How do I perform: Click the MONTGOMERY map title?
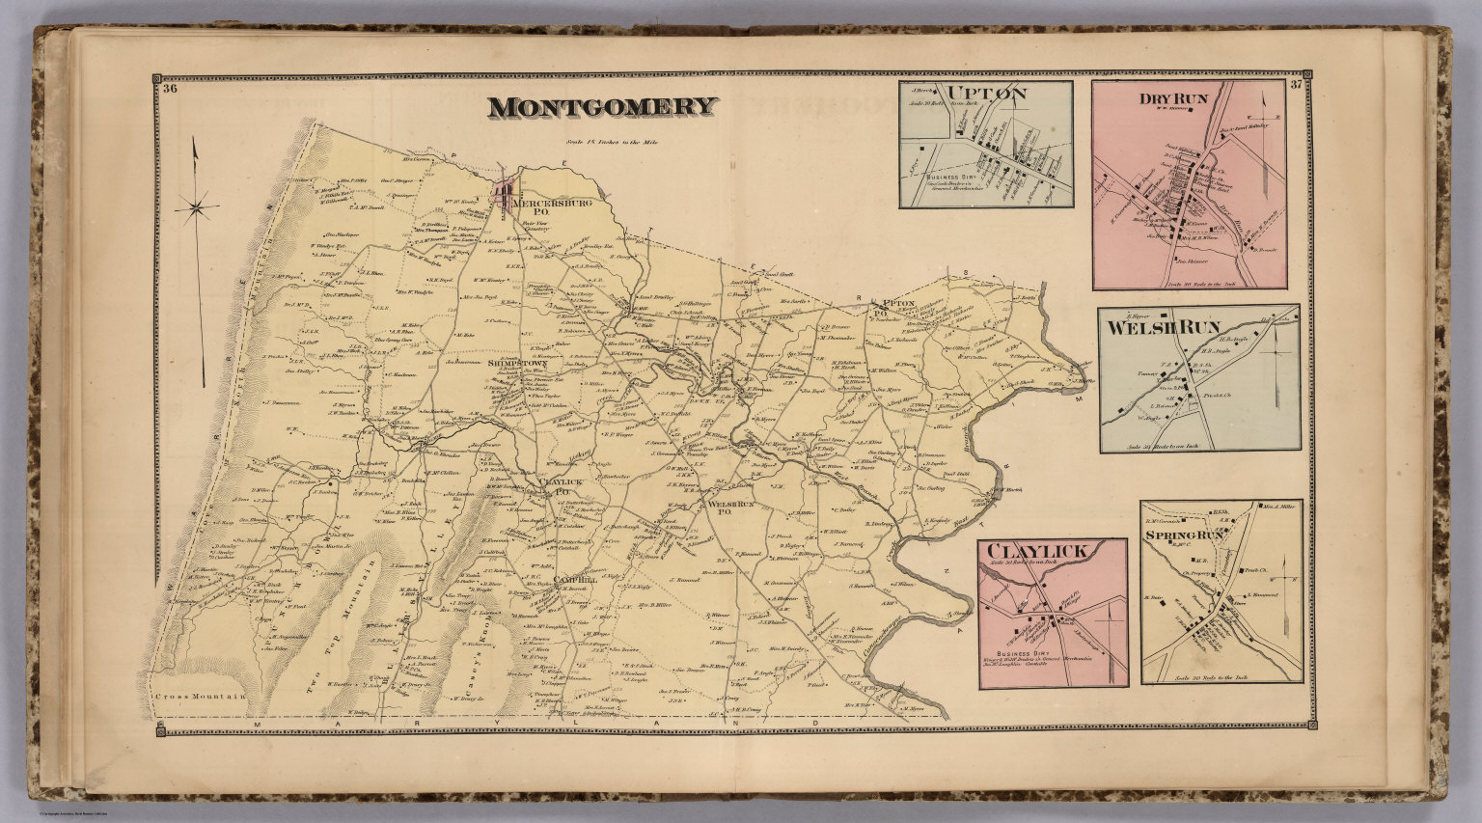(602, 107)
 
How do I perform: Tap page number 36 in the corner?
(171, 91)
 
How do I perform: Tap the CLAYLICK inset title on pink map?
(1036, 552)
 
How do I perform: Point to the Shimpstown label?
(518, 364)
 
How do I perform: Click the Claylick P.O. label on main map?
(556, 484)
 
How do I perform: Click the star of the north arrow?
(199, 205)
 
